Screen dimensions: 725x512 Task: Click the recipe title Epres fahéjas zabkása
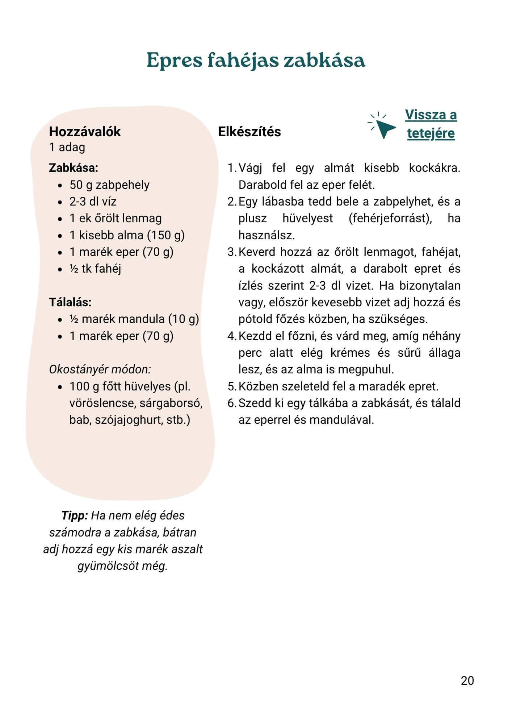coord(256,60)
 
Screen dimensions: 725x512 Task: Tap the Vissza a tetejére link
coord(431,124)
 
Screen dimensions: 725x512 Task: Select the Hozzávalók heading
coord(85,132)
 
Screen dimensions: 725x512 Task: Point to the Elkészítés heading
coord(249,132)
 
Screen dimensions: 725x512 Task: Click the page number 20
coord(467,680)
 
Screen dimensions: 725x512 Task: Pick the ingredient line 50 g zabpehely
coord(109,185)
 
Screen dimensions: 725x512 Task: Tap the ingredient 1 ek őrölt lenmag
coord(116,218)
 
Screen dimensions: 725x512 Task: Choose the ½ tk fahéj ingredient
coord(95,269)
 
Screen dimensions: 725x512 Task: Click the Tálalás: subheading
coord(70,302)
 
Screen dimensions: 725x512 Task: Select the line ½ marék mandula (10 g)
coord(134,319)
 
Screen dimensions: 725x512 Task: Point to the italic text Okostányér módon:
coord(100,369)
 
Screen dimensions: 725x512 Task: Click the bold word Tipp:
coord(75,515)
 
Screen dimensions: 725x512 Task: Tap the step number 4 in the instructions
coord(232,336)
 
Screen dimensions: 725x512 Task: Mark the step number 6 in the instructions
coord(232,403)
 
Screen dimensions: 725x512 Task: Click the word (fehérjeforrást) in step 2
coord(390,219)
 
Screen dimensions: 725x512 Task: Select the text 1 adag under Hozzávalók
coord(67,147)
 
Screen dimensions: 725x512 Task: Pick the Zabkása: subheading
coord(74,168)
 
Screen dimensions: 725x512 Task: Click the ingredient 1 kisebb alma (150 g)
coord(127,235)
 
